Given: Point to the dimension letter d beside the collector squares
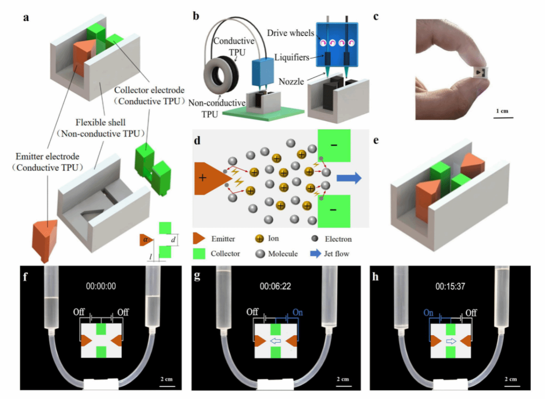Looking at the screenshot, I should coord(173,239).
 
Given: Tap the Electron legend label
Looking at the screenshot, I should coord(338,239).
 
